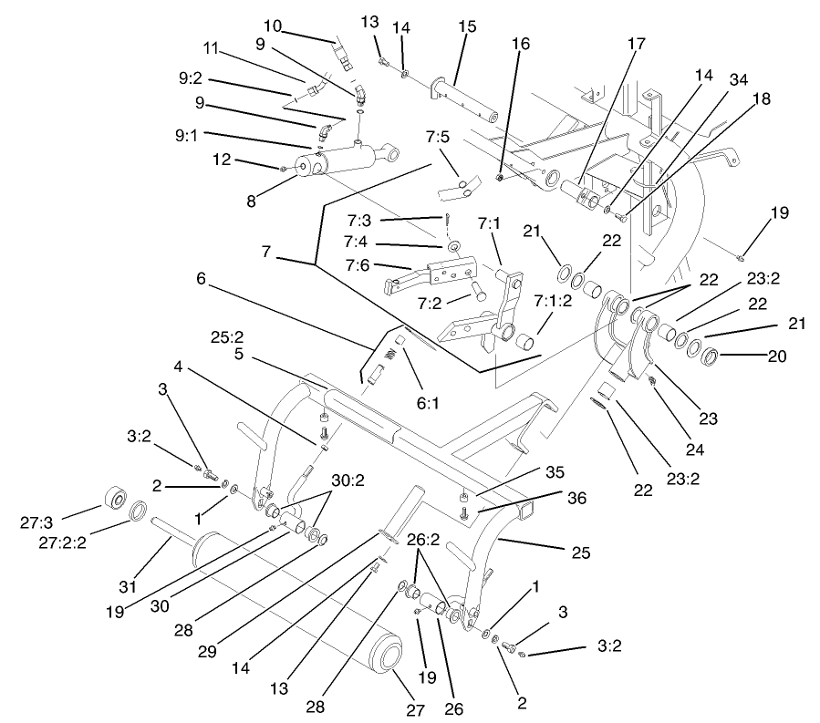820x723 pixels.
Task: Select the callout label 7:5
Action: click(x=438, y=139)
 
